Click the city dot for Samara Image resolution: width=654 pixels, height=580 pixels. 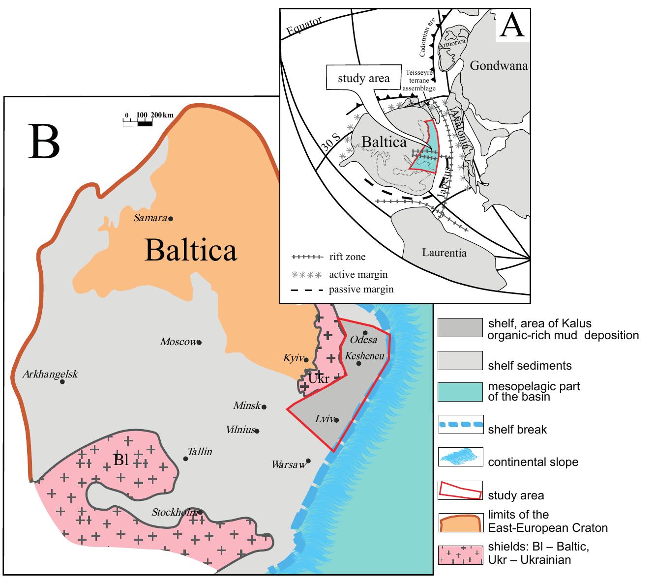pos(171,219)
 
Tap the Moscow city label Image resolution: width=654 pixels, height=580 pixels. pos(178,342)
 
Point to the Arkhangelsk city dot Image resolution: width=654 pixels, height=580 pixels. pos(62,381)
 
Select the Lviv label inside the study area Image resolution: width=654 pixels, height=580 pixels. pos(324,419)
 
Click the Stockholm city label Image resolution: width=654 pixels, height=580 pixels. pos(175,513)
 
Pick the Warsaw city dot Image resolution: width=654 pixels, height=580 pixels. pos(308,461)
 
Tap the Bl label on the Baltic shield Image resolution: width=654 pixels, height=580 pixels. pos(120,460)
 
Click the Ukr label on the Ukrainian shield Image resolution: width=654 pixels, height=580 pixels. pos(319,379)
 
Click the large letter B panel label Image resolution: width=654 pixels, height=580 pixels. pos(44,141)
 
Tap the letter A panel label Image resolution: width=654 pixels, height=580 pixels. pos(512,27)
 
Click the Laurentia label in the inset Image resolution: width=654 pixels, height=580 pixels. pos(444,253)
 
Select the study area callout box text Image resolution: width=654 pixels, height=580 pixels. pos(363,78)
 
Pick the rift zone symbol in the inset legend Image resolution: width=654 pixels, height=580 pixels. pos(307,257)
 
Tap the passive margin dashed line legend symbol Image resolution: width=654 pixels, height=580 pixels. pos(307,290)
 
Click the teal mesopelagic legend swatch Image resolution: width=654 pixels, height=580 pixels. pos(460,391)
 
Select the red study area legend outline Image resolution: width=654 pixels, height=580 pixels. pos(460,490)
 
